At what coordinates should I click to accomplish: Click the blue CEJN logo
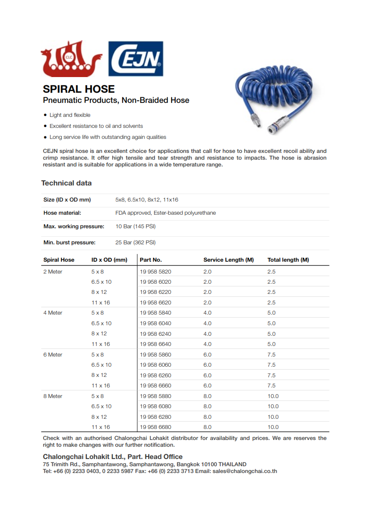click(136, 58)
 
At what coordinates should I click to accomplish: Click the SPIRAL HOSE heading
click(79, 89)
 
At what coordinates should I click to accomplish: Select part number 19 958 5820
click(155, 271)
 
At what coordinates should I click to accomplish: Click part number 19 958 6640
click(155, 344)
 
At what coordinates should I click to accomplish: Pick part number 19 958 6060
click(155, 365)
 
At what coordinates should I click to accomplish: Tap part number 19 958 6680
click(155, 427)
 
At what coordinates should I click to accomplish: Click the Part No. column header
click(151, 260)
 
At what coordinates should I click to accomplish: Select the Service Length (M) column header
click(228, 260)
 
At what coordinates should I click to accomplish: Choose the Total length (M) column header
click(288, 260)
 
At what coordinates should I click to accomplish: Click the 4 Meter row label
click(53, 312)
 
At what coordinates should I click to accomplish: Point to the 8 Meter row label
click(53, 396)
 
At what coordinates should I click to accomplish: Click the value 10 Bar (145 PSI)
click(136, 226)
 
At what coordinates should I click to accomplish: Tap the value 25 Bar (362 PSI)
click(136, 242)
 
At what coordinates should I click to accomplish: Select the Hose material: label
click(62, 213)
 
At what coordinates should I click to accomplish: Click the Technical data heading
click(66, 183)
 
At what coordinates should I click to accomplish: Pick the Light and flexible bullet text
click(70, 115)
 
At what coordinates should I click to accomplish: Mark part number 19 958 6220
click(155, 292)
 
